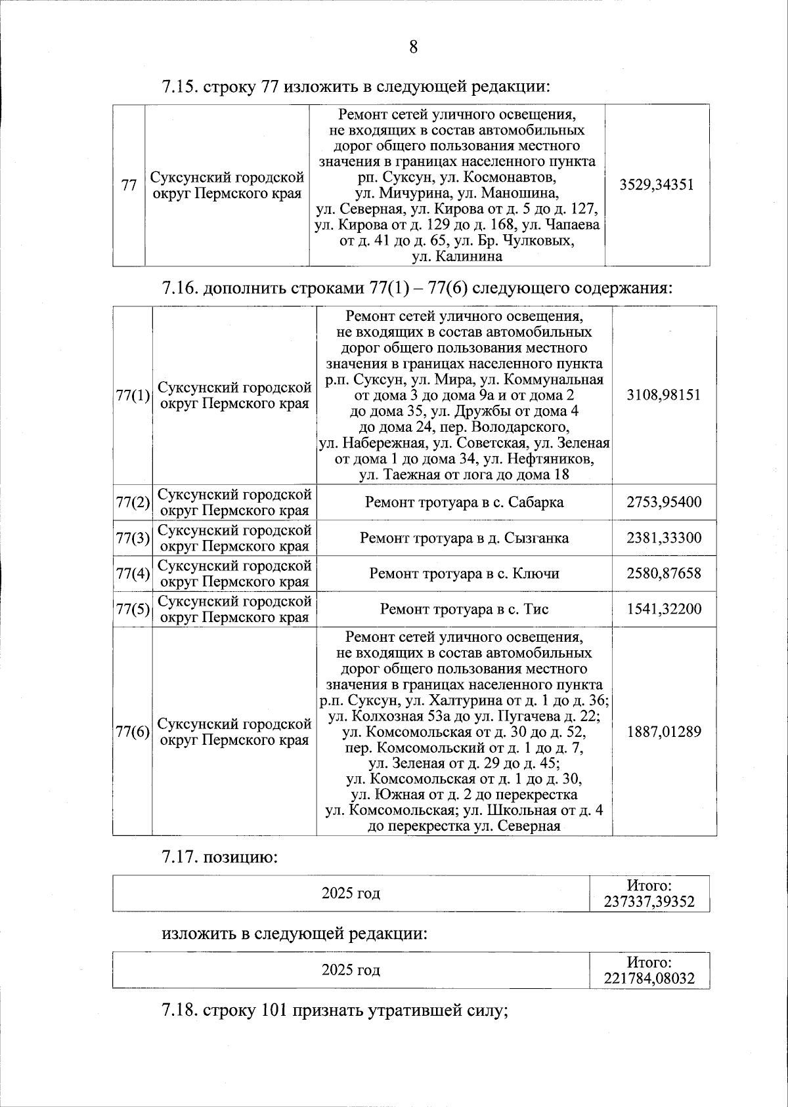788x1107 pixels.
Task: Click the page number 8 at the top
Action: pos(413,47)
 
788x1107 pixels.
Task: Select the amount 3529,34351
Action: pos(656,184)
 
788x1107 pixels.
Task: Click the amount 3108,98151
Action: pos(663,395)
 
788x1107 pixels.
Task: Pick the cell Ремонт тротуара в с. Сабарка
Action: pos(464,503)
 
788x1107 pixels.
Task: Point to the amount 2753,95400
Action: pos(663,503)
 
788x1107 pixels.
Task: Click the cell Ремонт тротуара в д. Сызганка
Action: pos(464,538)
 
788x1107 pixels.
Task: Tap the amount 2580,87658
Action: pos(663,574)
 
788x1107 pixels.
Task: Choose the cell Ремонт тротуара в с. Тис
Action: pos(464,609)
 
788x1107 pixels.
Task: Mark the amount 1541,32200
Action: pos(663,609)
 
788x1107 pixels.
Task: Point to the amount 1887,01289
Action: pos(663,731)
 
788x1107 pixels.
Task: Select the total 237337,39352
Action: pos(649,902)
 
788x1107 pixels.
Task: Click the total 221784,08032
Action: pos(649,978)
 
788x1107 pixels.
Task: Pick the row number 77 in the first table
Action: pos(129,186)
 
